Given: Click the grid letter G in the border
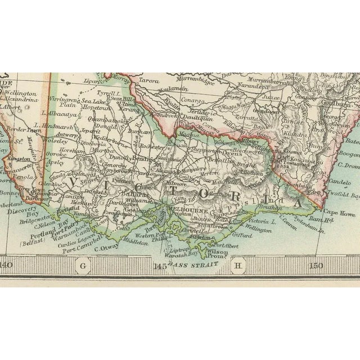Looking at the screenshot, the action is click(x=84, y=265).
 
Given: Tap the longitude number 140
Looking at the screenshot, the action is click(x=6, y=265).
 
